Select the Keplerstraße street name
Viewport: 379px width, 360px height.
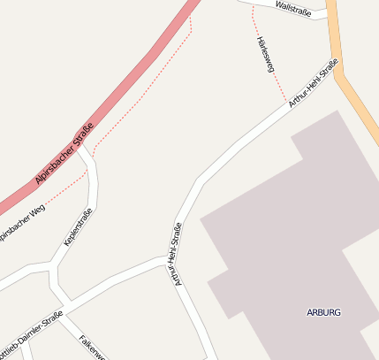(x=78, y=226)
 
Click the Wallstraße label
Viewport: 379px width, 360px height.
(x=292, y=8)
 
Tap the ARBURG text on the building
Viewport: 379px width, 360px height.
(x=323, y=312)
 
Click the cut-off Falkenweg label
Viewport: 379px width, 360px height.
(x=92, y=348)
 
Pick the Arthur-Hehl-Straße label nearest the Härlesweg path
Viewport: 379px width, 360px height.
(x=313, y=83)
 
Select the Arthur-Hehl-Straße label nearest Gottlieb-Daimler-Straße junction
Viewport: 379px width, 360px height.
(x=177, y=254)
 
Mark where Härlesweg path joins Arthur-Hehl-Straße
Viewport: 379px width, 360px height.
(x=285, y=101)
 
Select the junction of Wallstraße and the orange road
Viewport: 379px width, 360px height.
(x=330, y=13)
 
